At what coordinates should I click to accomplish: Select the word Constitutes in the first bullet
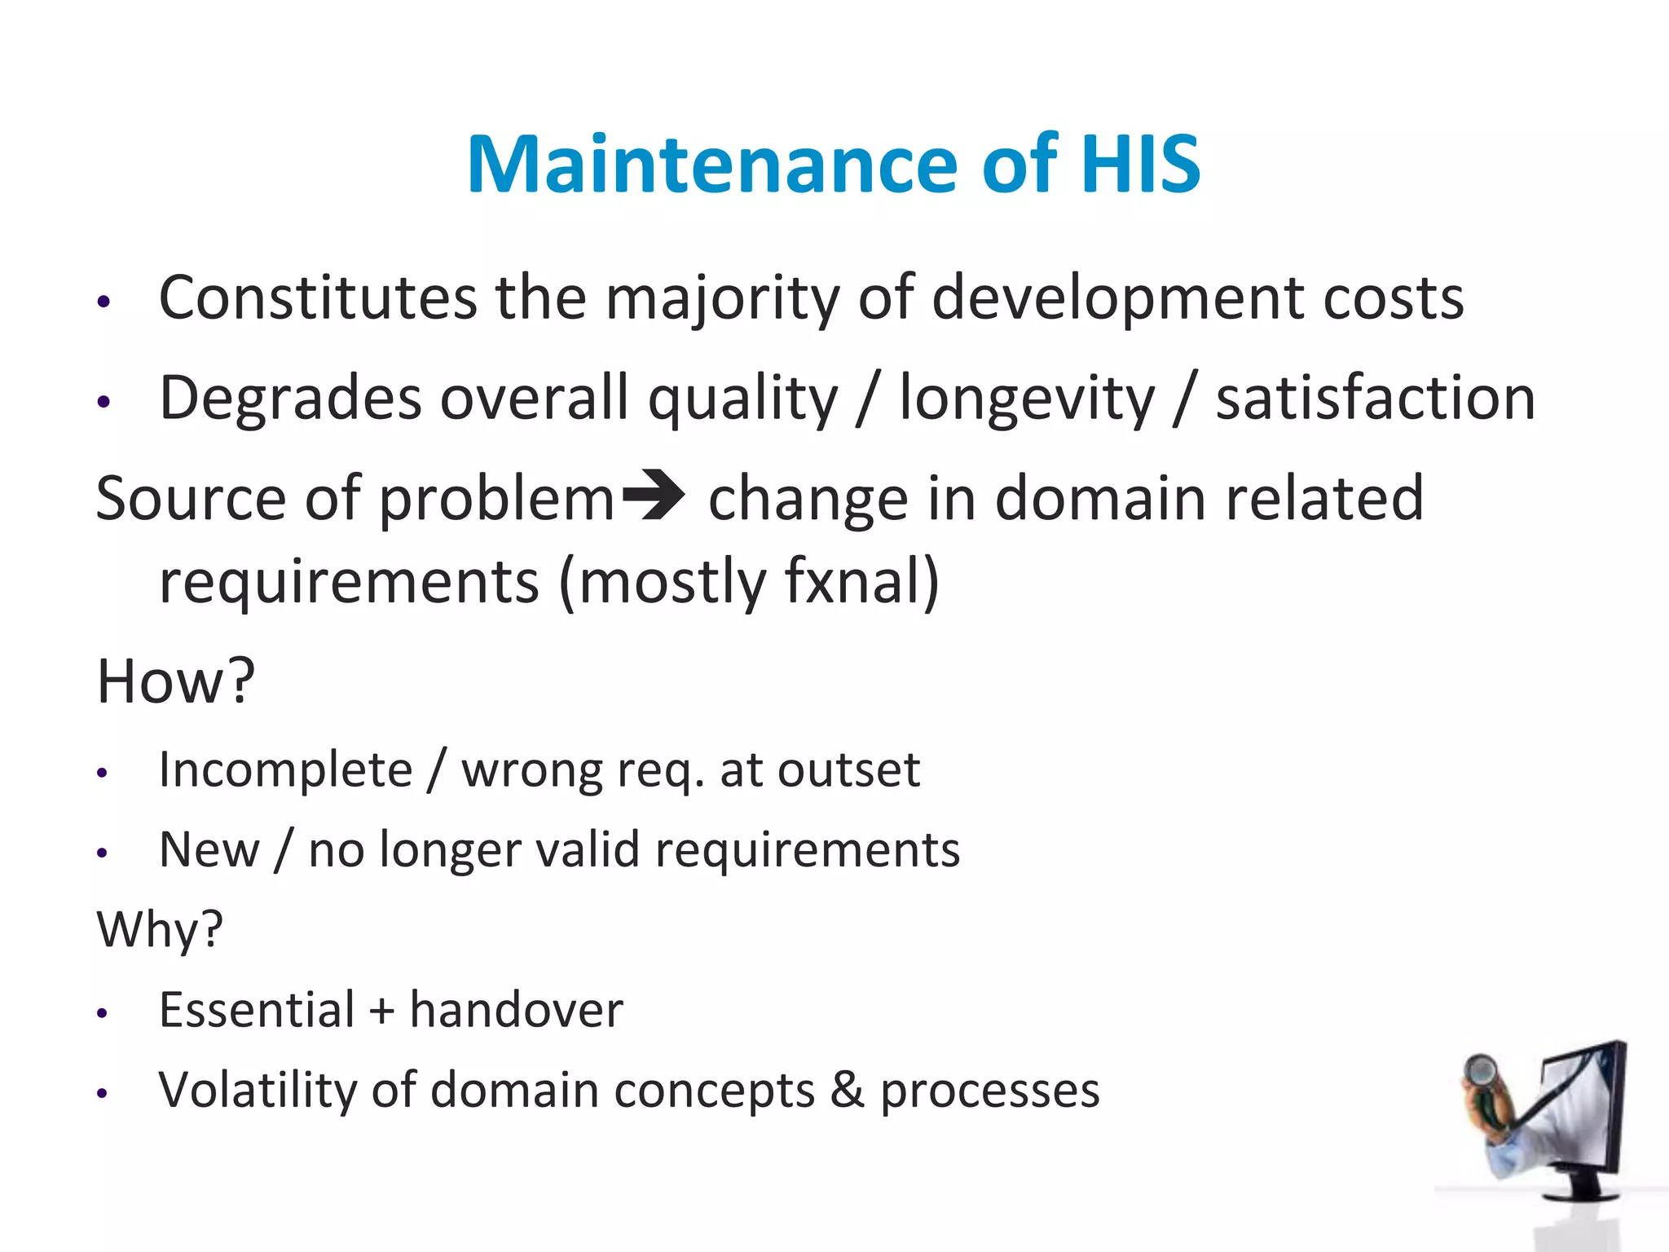tap(317, 298)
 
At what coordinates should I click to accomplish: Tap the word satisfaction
tap(1375, 399)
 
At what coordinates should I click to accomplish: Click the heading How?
tap(175, 681)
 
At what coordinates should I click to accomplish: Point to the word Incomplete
tap(286, 770)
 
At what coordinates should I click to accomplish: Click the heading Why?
tap(160, 929)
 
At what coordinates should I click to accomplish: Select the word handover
tap(516, 1011)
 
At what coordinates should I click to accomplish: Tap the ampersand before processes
tap(847, 1091)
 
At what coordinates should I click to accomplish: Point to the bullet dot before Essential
tap(102, 1013)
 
